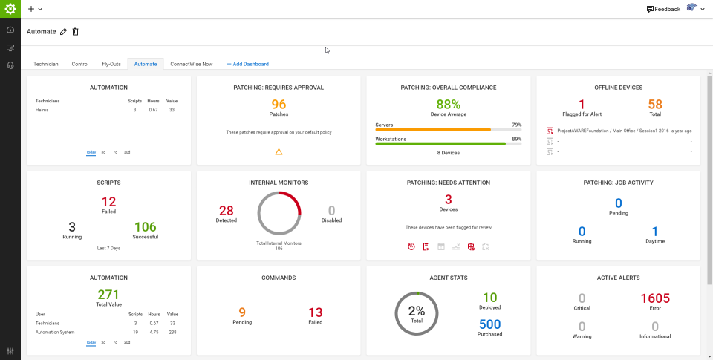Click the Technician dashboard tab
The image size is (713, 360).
tap(46, 64)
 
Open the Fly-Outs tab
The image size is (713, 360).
tap(111, 64)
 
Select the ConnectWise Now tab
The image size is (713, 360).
tap(191, 64)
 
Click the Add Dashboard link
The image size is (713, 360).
tap(247, 64)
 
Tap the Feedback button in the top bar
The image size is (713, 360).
tap(663, 9)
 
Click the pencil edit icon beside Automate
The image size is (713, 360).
tap(63, 31)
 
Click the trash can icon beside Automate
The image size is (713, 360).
tap(75, 31)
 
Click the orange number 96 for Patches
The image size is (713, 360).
tap(279, 105)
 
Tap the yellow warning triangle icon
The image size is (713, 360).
tap(279, 151)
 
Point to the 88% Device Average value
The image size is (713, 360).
tap(449, 105)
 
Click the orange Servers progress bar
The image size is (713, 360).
tap(433, 130)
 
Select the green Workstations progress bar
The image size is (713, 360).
tap(440, 143)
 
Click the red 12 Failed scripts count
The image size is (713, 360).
tap(108, 201)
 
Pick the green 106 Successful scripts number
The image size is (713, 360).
tap(146, 226)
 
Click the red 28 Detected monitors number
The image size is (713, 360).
tap(226, 211)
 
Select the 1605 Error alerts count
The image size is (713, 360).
tap(655, 298)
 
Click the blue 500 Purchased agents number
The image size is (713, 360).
tap(490, 324)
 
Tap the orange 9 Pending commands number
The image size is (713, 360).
tap(242, 312)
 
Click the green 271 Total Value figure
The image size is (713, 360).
tap(108, 295)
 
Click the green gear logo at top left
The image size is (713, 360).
tap(10, 9)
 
